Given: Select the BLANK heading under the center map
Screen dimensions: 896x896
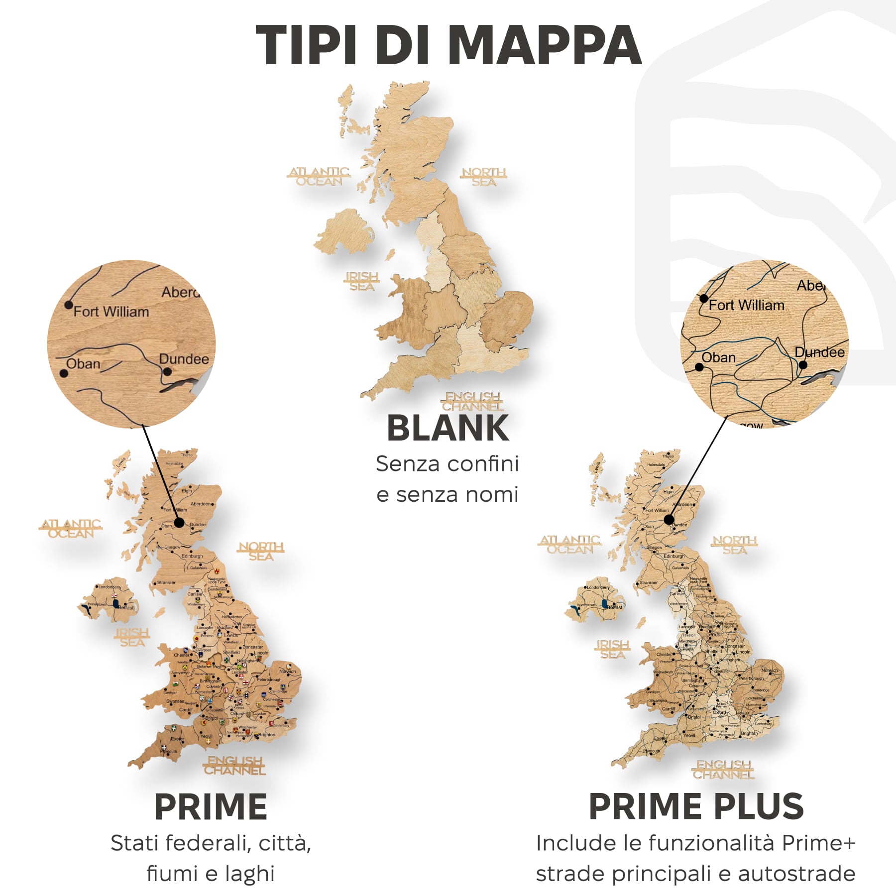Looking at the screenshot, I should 448,428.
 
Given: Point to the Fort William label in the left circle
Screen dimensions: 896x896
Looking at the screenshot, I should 112,312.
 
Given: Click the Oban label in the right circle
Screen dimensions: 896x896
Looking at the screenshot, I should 718,357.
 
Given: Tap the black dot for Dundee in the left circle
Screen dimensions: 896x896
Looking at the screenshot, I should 167,371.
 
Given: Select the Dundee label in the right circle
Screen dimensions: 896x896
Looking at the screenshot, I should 820,352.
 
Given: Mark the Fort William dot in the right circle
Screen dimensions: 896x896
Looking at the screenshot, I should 703,298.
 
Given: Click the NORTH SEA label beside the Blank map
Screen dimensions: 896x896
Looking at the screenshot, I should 484,177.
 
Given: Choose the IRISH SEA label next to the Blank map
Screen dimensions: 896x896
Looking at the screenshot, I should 362,281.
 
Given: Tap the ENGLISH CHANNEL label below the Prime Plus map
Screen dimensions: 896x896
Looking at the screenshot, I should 724,770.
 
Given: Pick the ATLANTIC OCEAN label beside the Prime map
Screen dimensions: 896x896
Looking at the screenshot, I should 71,529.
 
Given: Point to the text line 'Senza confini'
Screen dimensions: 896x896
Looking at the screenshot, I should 448,464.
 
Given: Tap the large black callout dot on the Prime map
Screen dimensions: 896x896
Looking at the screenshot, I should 179,523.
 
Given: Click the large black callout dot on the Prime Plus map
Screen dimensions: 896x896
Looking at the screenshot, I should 669,520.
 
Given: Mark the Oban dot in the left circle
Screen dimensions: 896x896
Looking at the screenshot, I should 63,373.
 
